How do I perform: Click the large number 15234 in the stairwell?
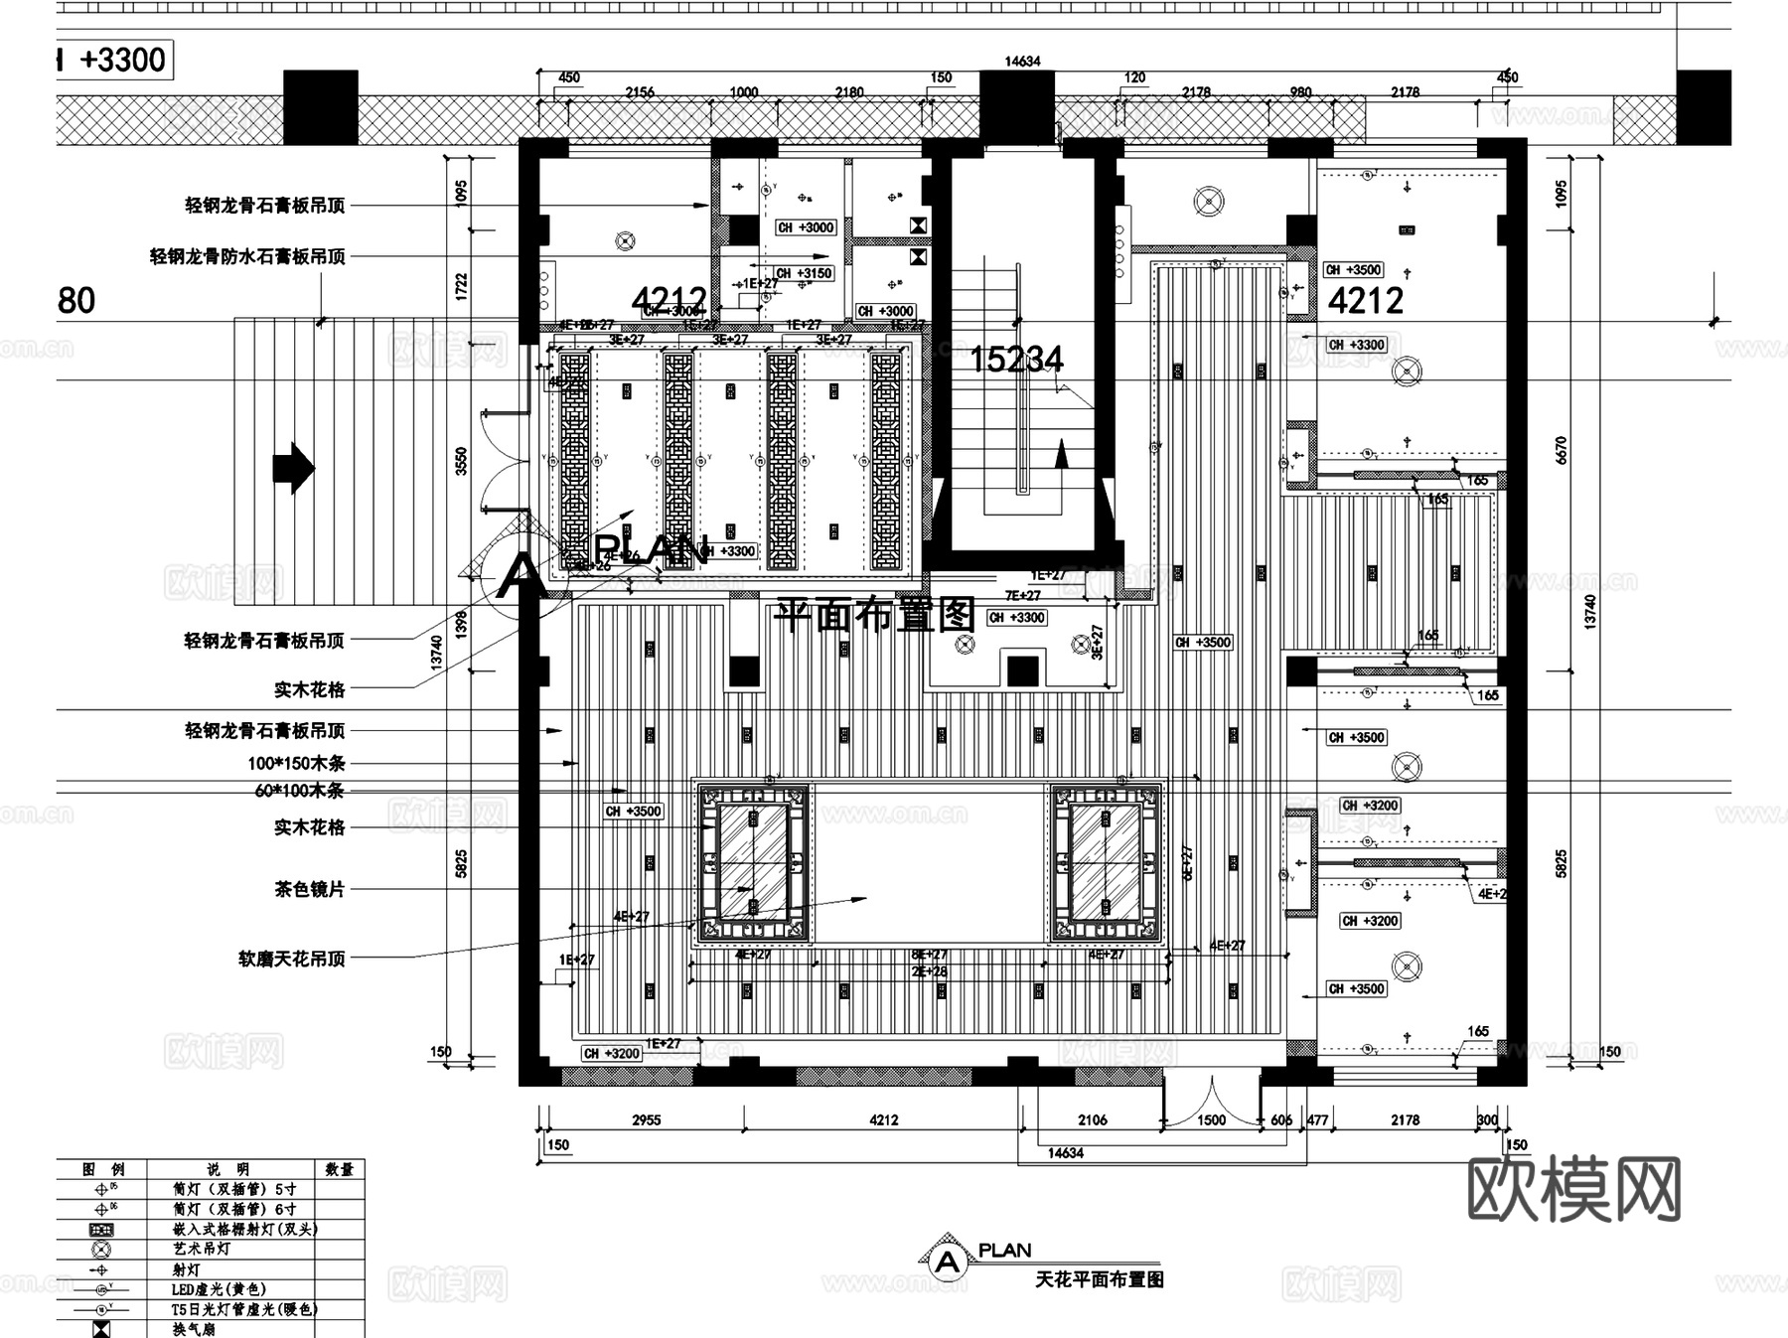click(x=1015, y=360)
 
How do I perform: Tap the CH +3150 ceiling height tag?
click(x=803, y=273)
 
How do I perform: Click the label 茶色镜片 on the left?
click(x=309, y=890)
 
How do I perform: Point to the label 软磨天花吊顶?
click(x=291, y=960)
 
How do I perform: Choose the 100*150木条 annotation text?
click(x=296, y=764)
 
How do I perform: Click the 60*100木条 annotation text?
click(x=299, y=792)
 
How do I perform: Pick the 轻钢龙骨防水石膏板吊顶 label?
click(x=247, y=257)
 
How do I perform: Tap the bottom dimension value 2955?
click(x=646, y=1120)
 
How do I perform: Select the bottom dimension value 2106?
click(x=1092, y=1120)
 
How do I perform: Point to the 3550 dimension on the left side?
click(x=461, y=461)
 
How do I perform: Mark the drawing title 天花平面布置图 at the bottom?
click(x=1099, y=1280)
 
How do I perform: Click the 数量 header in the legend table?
click(x=339, y=1170)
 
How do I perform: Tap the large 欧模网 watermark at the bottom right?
click(x=1573, y=1190)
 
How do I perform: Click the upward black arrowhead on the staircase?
click(x=1061, y=454)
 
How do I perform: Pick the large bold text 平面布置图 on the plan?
click(x=874, y=616)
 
